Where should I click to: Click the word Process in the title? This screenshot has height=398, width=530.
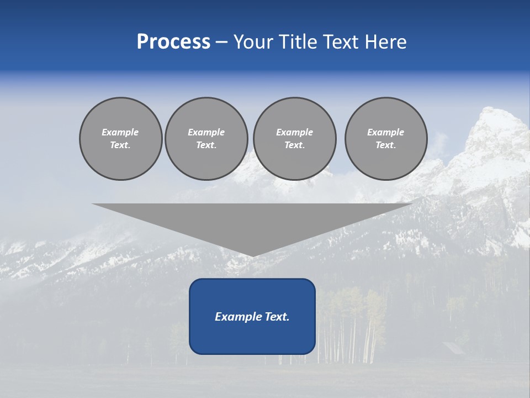(173, 42)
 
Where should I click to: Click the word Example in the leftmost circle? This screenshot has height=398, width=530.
(120, 132)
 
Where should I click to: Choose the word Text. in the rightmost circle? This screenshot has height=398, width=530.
(386, 145)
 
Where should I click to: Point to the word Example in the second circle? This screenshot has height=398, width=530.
(206, 132)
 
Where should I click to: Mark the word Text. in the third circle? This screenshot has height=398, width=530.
(294, 145)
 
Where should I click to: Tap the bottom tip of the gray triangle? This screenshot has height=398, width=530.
(253, 255)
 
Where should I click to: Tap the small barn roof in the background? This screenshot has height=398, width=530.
(453, 348)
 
